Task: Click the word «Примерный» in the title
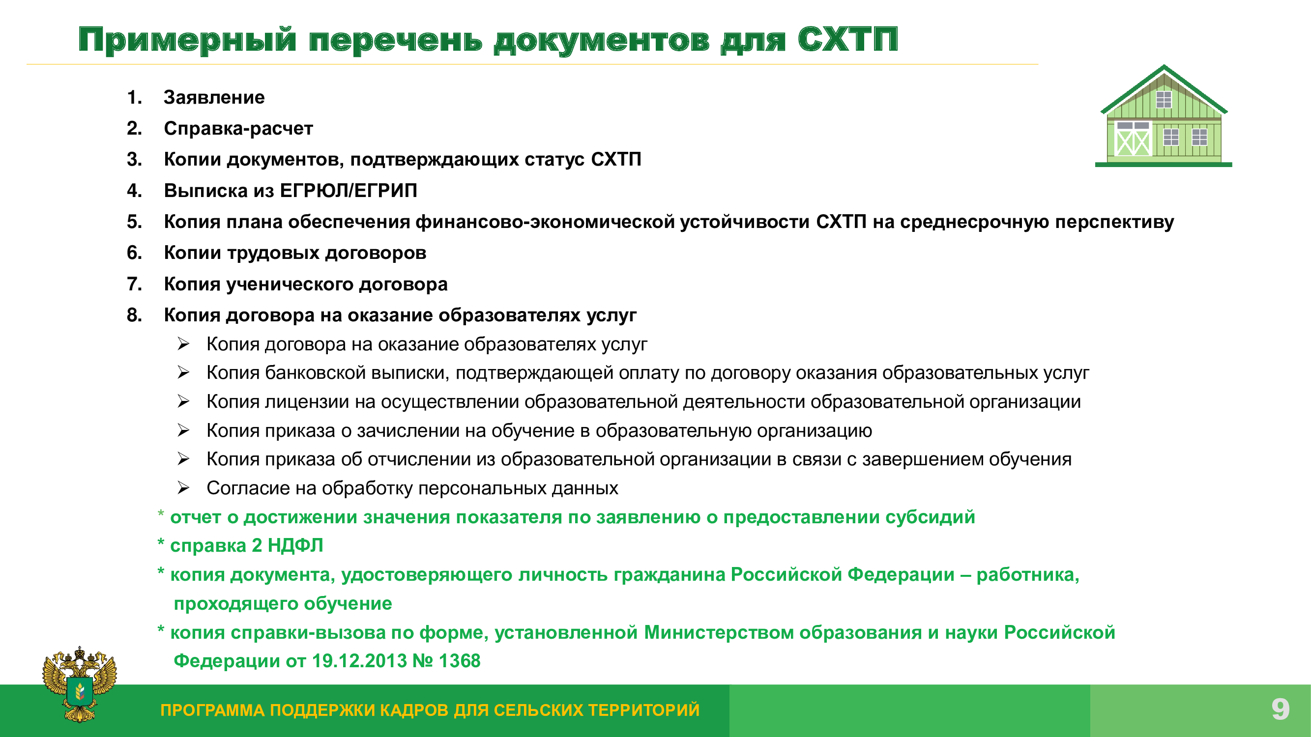tap(187, 40)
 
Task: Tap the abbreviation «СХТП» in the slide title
tap(848, 39)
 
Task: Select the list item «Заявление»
tap(214, 97)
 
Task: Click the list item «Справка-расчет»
tap(238, 129)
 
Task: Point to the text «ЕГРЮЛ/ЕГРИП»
tap(349, 191)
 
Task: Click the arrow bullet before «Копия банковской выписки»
tap(183, 373)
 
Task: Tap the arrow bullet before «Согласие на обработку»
tap(183, 488)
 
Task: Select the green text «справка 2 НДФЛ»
tap(246, 546)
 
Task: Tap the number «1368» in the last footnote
tap(460, 661)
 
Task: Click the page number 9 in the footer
tap(1281, 709)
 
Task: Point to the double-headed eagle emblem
tap(80, 684)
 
